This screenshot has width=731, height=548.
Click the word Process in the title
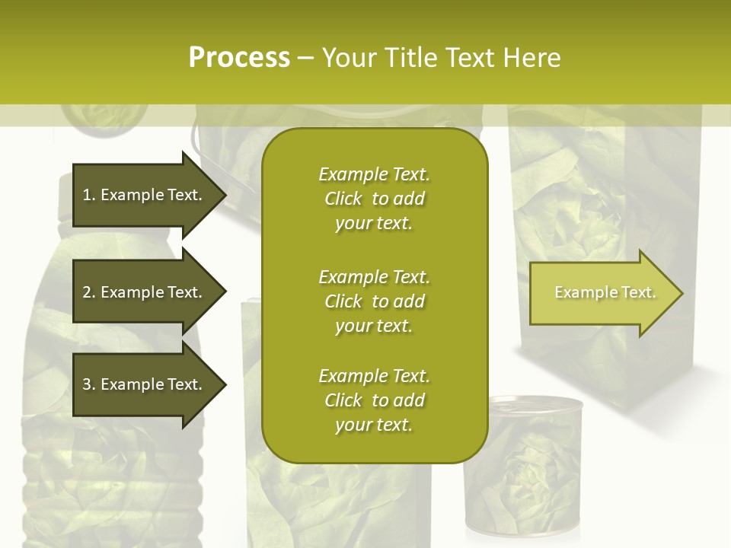pos(239,58)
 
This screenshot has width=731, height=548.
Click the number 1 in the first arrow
pos(87,195)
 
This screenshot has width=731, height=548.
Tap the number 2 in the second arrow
pos(87,292)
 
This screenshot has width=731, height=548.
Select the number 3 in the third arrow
pos(87,384)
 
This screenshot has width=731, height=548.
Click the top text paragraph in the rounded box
pos(374,199)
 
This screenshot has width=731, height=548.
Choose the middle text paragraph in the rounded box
pos(374,301)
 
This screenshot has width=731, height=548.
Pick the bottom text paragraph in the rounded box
pos(374,400)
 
